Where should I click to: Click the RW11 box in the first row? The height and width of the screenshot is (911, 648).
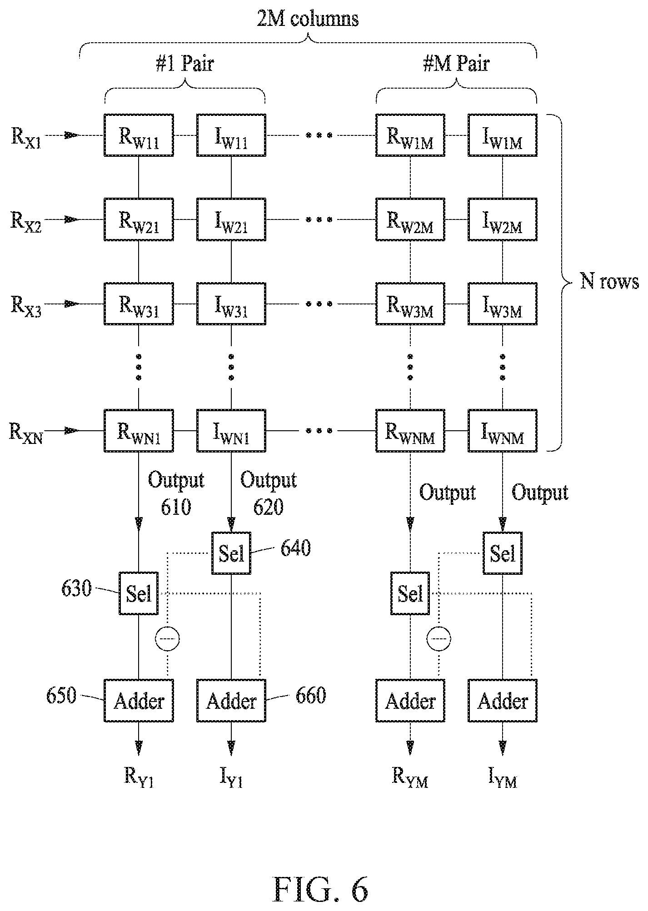pyautogui.click(x=139, y=135)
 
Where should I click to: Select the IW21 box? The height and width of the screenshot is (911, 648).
pyautogui.click(x=231, y=219)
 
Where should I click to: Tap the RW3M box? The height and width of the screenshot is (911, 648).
pyautogui.click(x=410, y=304)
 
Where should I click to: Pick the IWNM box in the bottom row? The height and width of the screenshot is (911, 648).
pyautogui.click(x=503, y=431)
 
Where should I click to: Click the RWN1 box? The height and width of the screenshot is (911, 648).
pyautogui.click(x=139, y=431)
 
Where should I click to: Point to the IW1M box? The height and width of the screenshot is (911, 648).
pyautogui.click(x=503, y=135)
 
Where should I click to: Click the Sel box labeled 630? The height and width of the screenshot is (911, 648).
pyautogui.click(x=139, y=593)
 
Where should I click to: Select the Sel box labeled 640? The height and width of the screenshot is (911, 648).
pyautogui.click(x=231, y=553)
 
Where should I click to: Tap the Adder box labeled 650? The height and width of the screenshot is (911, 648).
pyautogui.click(x=139, y=701)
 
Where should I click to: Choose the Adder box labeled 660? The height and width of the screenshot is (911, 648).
pyautogui.click(x=231, y=701)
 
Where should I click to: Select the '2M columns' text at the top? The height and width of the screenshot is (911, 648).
pyautogui.click(x=308, y=19)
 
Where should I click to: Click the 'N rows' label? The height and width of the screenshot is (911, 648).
pyautogui.click(x=609, y=282)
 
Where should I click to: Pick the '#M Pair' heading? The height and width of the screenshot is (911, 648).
pyautogui.click(x=456, y=63)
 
